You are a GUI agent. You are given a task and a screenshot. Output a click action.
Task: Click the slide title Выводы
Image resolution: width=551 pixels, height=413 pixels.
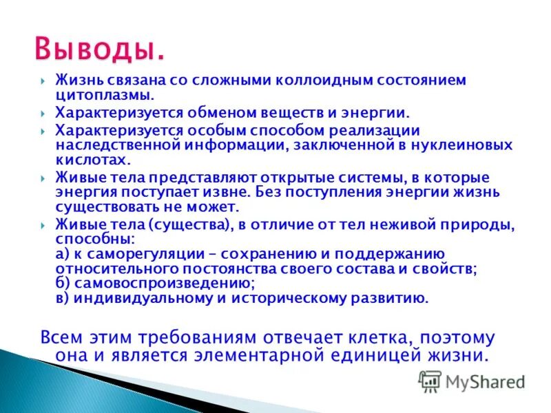click(100, 49)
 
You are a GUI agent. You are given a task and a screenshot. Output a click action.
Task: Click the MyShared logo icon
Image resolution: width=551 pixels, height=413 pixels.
click(430, 380)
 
